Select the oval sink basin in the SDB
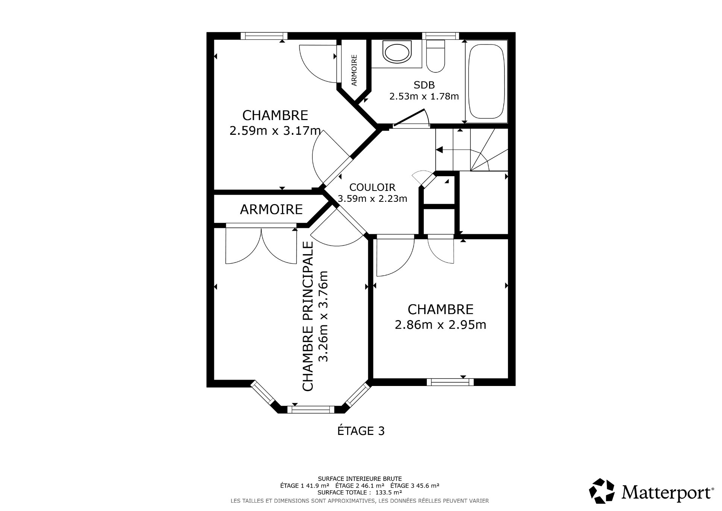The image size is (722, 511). tap(397, 52)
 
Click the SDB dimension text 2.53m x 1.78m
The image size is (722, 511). tap(424, 96)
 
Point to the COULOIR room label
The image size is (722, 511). tap(372, 187)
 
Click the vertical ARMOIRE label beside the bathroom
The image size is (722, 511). tap(354, 70)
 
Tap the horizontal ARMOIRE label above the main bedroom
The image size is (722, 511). tap(271, 209)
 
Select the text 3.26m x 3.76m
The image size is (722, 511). tap(323, 316)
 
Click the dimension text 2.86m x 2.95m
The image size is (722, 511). tap(440, 325)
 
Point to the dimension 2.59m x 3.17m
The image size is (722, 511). tap(275, 131)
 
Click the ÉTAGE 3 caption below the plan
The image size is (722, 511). tap(361, 431)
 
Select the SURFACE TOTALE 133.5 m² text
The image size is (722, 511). tap(360, 492)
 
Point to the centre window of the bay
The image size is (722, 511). tap(311, 409)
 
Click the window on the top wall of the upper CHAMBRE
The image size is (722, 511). tap(264, 36)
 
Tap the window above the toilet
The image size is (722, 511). tap(440, 36)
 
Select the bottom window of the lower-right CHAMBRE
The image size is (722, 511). tap(450, 382)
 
